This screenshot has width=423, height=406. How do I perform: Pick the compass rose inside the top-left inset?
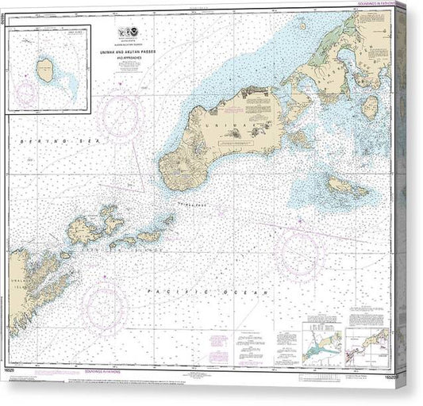[26, 94]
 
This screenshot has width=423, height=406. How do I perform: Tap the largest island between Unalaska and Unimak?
[83, 230]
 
